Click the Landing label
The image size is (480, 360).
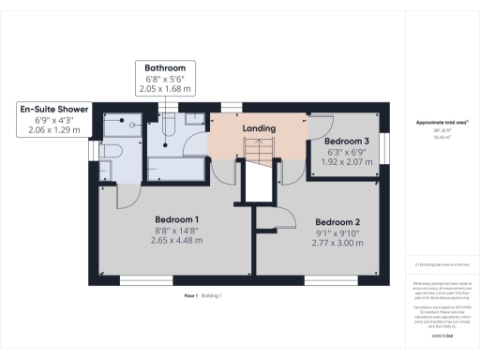(x=259, y=127)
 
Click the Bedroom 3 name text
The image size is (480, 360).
(x=346, y=141)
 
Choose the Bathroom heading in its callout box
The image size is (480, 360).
(x=164, y=68)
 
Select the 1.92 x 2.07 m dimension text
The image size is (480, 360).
(x=346, y=163)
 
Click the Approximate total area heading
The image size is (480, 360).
(x=442, y=123)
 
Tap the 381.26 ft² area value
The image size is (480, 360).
(x=442, y=130)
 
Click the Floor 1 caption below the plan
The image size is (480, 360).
(x=192, y=295)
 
